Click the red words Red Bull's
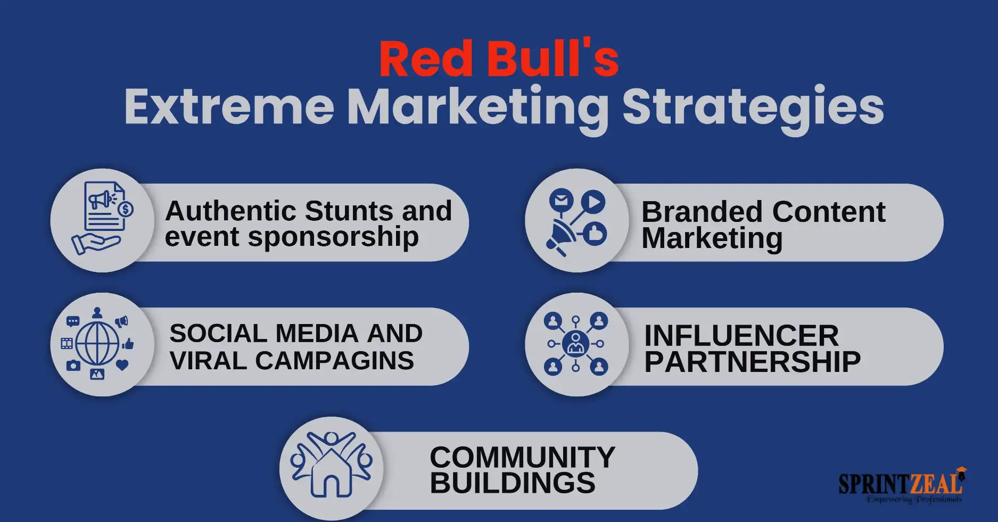[x=499, y=59]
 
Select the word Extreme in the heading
[x=229, y=107]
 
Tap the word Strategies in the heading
[x=753, y=110]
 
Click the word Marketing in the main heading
[x=478, y=110]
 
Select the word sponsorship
[x=333, y=237]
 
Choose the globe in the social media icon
[x=97, y=343]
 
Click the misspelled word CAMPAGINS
[x=334, y=361]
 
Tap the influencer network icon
[x=576, y=344]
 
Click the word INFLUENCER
[x=741, y=336]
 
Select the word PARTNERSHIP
[x=752, y=362]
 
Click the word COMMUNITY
[x=522, y=457]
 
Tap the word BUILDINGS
[x=513, y=483]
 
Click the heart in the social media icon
[x=122, y=364]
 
